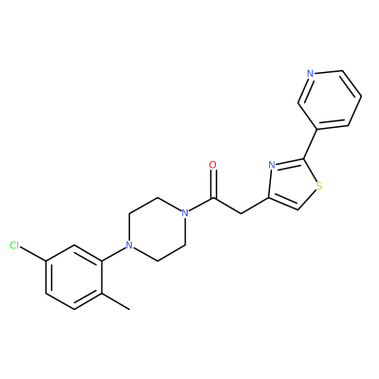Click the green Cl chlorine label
(14, 245)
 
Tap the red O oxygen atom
(213, 165)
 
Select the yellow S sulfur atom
(319, 186)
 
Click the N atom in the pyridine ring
(311, 74)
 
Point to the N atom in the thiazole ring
(272, 165)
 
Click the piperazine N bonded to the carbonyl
(185, 213)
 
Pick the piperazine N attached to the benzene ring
(129, 245)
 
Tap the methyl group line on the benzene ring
(116, 301)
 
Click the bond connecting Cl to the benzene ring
(33, 253)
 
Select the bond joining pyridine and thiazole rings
(311, 144)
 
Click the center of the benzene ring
(74, 277)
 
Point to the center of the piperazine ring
(157, 229)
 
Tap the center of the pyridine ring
(330, 99)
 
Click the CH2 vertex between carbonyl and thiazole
(242, 213)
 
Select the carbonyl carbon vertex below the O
(213, 198)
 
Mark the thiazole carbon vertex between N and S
(304, 159)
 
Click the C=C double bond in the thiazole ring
(283, 204)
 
